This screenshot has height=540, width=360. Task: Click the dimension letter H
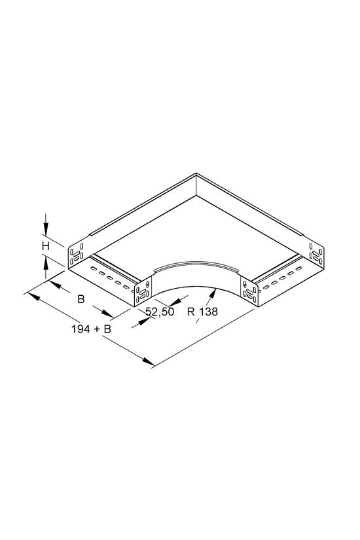click(x=46, y=246)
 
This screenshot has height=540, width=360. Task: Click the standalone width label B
click(x=81, y=300)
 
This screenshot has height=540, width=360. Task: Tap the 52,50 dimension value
click(x=159, y=312)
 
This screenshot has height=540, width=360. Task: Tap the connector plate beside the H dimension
click(x=77, y=251)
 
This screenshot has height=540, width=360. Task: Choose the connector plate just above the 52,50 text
click(x=141, y=291)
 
